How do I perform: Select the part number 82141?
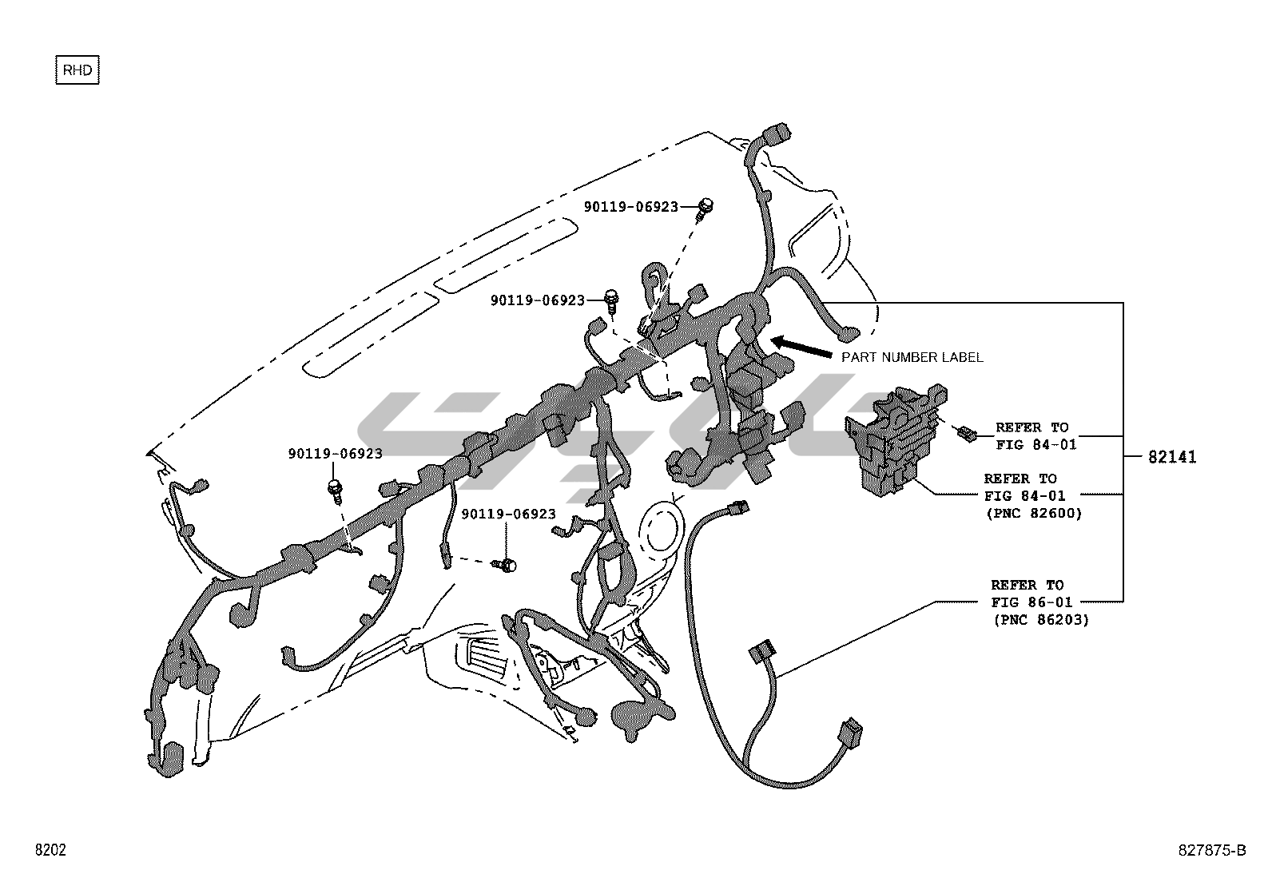(1172, 457)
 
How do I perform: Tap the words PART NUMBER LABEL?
(912, 357)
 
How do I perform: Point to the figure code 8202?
(50, 850)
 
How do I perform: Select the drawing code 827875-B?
(1211, 850)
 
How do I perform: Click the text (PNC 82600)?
(1034, 514)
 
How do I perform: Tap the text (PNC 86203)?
(1041, 619)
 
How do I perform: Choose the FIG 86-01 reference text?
(1032, 602)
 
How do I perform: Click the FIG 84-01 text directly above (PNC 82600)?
(1024, 496)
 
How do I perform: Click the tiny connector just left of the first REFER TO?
(966, 434)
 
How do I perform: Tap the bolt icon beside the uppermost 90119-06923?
(704, 207)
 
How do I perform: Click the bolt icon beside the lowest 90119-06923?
(505, 565)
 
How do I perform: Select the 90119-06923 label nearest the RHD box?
(335, 454)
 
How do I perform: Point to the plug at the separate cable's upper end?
(741, 507)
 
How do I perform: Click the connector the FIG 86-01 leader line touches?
(761, 653)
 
